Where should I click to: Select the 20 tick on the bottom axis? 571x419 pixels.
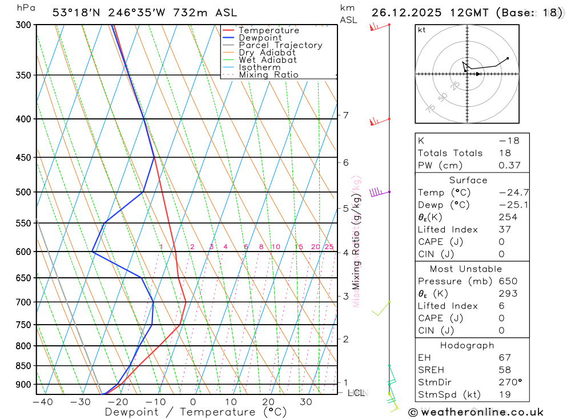pyautogui.click(x=268, y=402)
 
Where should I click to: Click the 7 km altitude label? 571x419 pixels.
pyautogui.click(x=346, y=115)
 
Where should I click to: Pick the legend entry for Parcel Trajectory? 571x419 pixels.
pyautogui.click(x=280, y=45)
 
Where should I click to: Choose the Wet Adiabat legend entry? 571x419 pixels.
pyautogui.click(x=268, y=60)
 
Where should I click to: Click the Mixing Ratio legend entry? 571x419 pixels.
pyautogui.click(x=268, y=75)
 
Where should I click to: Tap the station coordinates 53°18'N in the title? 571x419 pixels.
pyautogui.click(x=77, y=12)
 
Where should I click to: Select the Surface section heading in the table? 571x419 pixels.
pyautogui.click(x=468, y=180)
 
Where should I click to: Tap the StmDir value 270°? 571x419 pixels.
pyautogui.click(x=508, y=382)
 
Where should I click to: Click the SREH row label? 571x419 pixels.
pyautogui.click(x=432, y=370)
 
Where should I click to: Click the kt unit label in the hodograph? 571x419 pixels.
pyautogui.click(x=422, y=30)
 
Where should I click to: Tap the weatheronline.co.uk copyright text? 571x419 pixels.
pyautogui.click(x=476, y=412)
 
